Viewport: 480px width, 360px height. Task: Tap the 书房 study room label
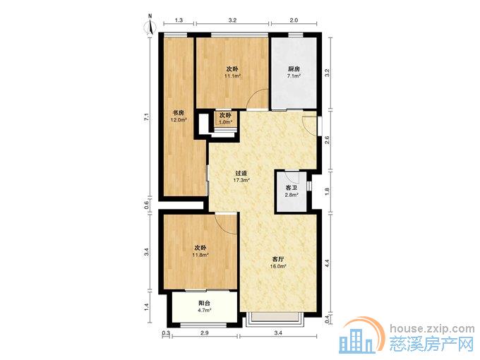(x=179, y=113)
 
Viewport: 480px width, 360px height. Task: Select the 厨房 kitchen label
(x=294, y=68)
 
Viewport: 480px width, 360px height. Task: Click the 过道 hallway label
(x=241, y=173)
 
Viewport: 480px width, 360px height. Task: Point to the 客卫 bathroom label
(x=291, y=188)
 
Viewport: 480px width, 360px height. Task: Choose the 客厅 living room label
(x=278, y=259)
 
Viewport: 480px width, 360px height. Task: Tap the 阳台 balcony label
(x=205, y=303)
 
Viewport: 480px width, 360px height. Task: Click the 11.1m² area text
(x=232, y=76)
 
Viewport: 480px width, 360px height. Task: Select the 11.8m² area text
(x=200, y=254)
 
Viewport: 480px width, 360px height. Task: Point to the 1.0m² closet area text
(x=226, y=122)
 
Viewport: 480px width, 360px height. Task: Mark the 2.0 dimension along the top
(x=294, y=20)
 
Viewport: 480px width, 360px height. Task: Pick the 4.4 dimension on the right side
(x=327, y=263)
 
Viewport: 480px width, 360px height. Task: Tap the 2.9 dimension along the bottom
(x=204, y=333)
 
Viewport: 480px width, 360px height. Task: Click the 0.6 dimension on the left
(x=147, y=205)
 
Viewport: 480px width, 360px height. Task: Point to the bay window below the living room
(x=277, y=319)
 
